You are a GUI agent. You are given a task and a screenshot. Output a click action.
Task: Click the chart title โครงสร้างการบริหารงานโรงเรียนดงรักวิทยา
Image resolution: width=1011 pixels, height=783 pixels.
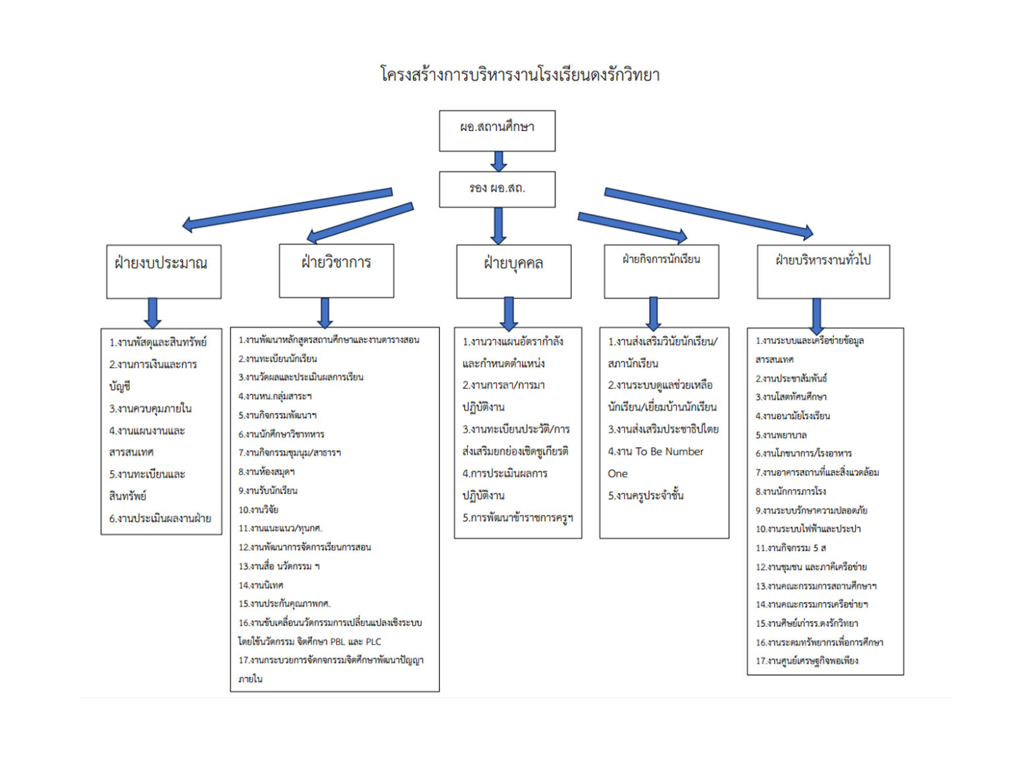coord(520,74)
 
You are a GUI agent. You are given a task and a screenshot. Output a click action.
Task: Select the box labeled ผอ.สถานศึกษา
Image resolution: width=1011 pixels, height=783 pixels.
coord(497,130)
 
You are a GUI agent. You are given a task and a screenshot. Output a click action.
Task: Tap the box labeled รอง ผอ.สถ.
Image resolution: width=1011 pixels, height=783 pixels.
coord(497,189)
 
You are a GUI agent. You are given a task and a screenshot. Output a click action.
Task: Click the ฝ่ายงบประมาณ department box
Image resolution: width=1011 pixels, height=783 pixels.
coord(163,271)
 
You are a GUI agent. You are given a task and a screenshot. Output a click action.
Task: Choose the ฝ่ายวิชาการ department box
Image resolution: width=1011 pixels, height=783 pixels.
coord(336,271)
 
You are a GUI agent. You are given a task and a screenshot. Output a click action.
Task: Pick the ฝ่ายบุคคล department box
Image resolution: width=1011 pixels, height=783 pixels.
coord(513,271)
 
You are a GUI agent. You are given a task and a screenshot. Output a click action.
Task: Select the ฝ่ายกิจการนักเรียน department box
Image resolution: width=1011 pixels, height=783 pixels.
coord(661,271)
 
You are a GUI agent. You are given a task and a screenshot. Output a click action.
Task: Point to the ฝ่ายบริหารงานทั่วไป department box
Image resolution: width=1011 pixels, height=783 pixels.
coord(823,271)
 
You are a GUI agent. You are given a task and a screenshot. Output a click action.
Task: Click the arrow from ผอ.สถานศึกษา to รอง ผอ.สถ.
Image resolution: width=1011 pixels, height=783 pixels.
coord(498,161)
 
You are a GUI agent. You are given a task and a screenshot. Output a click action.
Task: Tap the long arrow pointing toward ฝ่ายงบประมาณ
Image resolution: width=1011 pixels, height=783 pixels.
coord(287,209)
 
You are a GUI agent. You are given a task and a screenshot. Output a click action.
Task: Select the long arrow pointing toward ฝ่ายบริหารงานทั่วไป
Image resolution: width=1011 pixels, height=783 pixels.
coord(709,211)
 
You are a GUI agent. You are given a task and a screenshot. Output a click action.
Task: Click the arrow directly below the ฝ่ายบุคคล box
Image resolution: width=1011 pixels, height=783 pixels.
coord(509,313)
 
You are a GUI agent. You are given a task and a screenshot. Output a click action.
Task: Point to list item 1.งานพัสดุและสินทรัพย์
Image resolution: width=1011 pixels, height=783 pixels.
coord(158,342)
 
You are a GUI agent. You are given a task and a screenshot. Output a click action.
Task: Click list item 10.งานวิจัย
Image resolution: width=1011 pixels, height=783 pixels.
coord(259,510)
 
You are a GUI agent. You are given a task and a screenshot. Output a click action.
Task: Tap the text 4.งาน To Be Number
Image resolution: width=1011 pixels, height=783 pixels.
coord(656,452)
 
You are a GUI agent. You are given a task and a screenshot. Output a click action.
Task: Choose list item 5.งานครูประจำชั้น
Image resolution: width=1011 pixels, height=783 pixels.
coord(646,495)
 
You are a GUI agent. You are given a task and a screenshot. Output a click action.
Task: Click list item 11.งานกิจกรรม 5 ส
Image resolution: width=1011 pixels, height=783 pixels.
coord(791,548)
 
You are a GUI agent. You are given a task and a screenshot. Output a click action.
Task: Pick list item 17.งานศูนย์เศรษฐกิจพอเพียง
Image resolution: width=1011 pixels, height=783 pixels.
coord(807,661)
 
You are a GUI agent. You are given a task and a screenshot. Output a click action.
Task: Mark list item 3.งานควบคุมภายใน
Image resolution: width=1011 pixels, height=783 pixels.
coord(150,408)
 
